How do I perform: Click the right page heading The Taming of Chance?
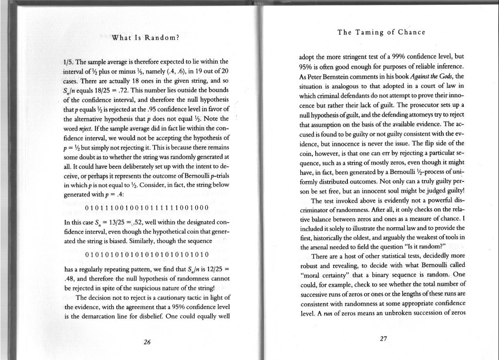pyautogui.click(x=381, y=32)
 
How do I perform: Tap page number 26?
pyautogui.click(x=147, y=342)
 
